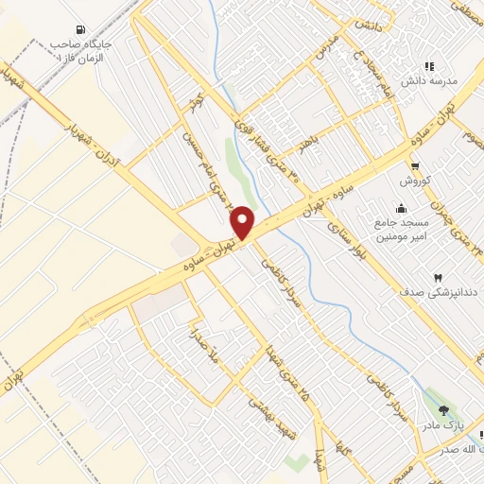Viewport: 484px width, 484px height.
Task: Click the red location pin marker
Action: (243, 222)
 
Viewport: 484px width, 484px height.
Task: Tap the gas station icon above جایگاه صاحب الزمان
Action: (78, 29)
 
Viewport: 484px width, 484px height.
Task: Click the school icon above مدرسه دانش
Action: (429, 66)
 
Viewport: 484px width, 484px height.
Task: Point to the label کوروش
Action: (414, 180)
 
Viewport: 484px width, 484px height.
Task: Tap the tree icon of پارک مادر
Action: (444, 410)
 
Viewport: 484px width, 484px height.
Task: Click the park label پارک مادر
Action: (444, 424)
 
